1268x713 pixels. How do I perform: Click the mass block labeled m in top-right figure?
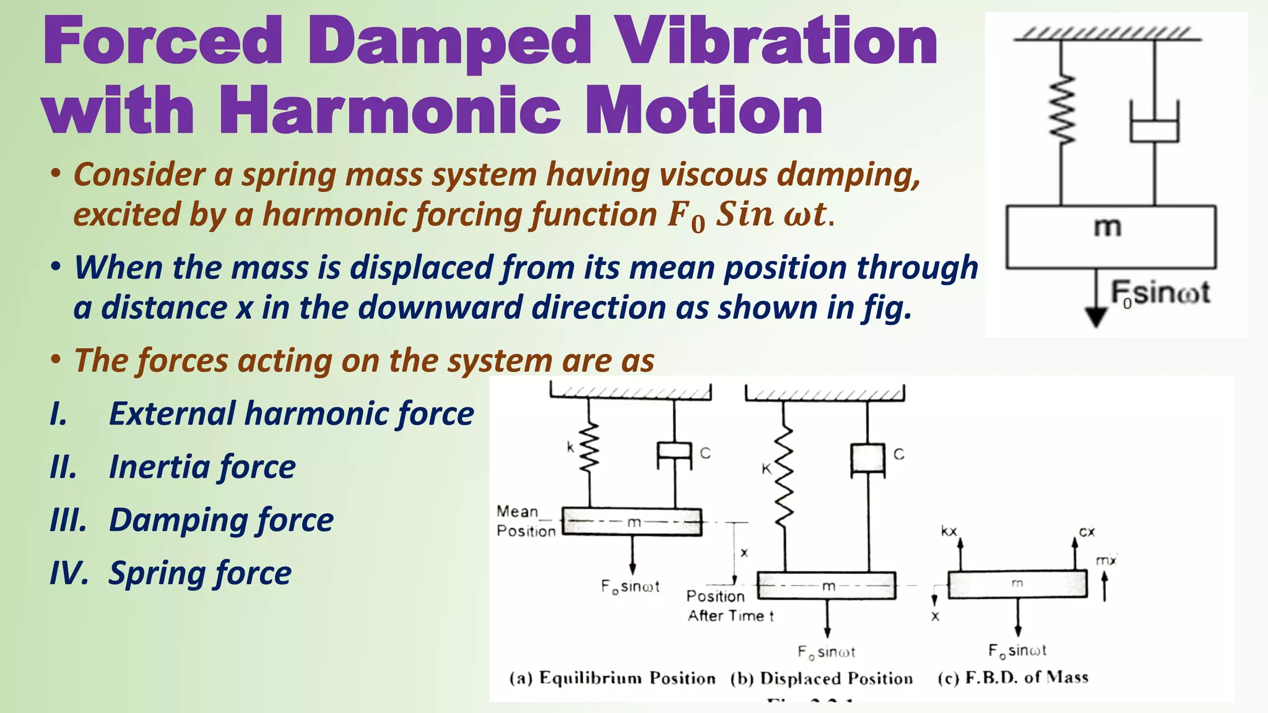(x=1111, y=237)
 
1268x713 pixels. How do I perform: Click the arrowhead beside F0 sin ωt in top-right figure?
(x=1096, y=317)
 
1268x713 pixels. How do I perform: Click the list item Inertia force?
(x=202, y=467)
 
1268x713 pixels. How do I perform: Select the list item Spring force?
(x=199, y=573)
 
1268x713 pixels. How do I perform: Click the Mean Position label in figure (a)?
(x=525, y=521)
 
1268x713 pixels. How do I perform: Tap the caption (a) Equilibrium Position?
(x=612, y=678)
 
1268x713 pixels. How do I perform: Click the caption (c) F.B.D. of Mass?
(x=1013, y=677)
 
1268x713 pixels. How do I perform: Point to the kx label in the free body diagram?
(x=949, y=531)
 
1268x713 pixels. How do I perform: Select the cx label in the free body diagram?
(x=1087, y=531)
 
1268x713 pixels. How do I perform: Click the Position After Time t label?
(x=729, y=606)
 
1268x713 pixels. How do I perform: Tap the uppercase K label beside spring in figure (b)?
(x=766, y=469)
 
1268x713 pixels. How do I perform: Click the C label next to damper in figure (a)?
(x=705, y=453)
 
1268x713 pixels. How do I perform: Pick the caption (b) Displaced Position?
(x=822, y=678)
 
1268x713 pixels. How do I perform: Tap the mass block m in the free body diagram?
(x=1017, y=584)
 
